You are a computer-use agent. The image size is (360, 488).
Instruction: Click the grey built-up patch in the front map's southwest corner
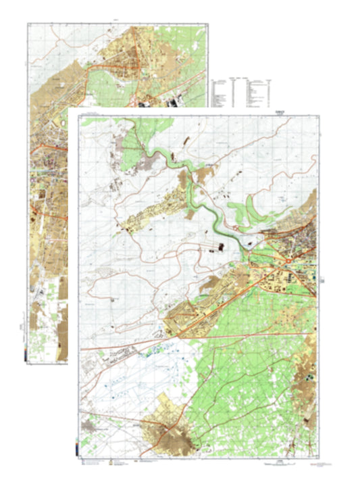(91, 426)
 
